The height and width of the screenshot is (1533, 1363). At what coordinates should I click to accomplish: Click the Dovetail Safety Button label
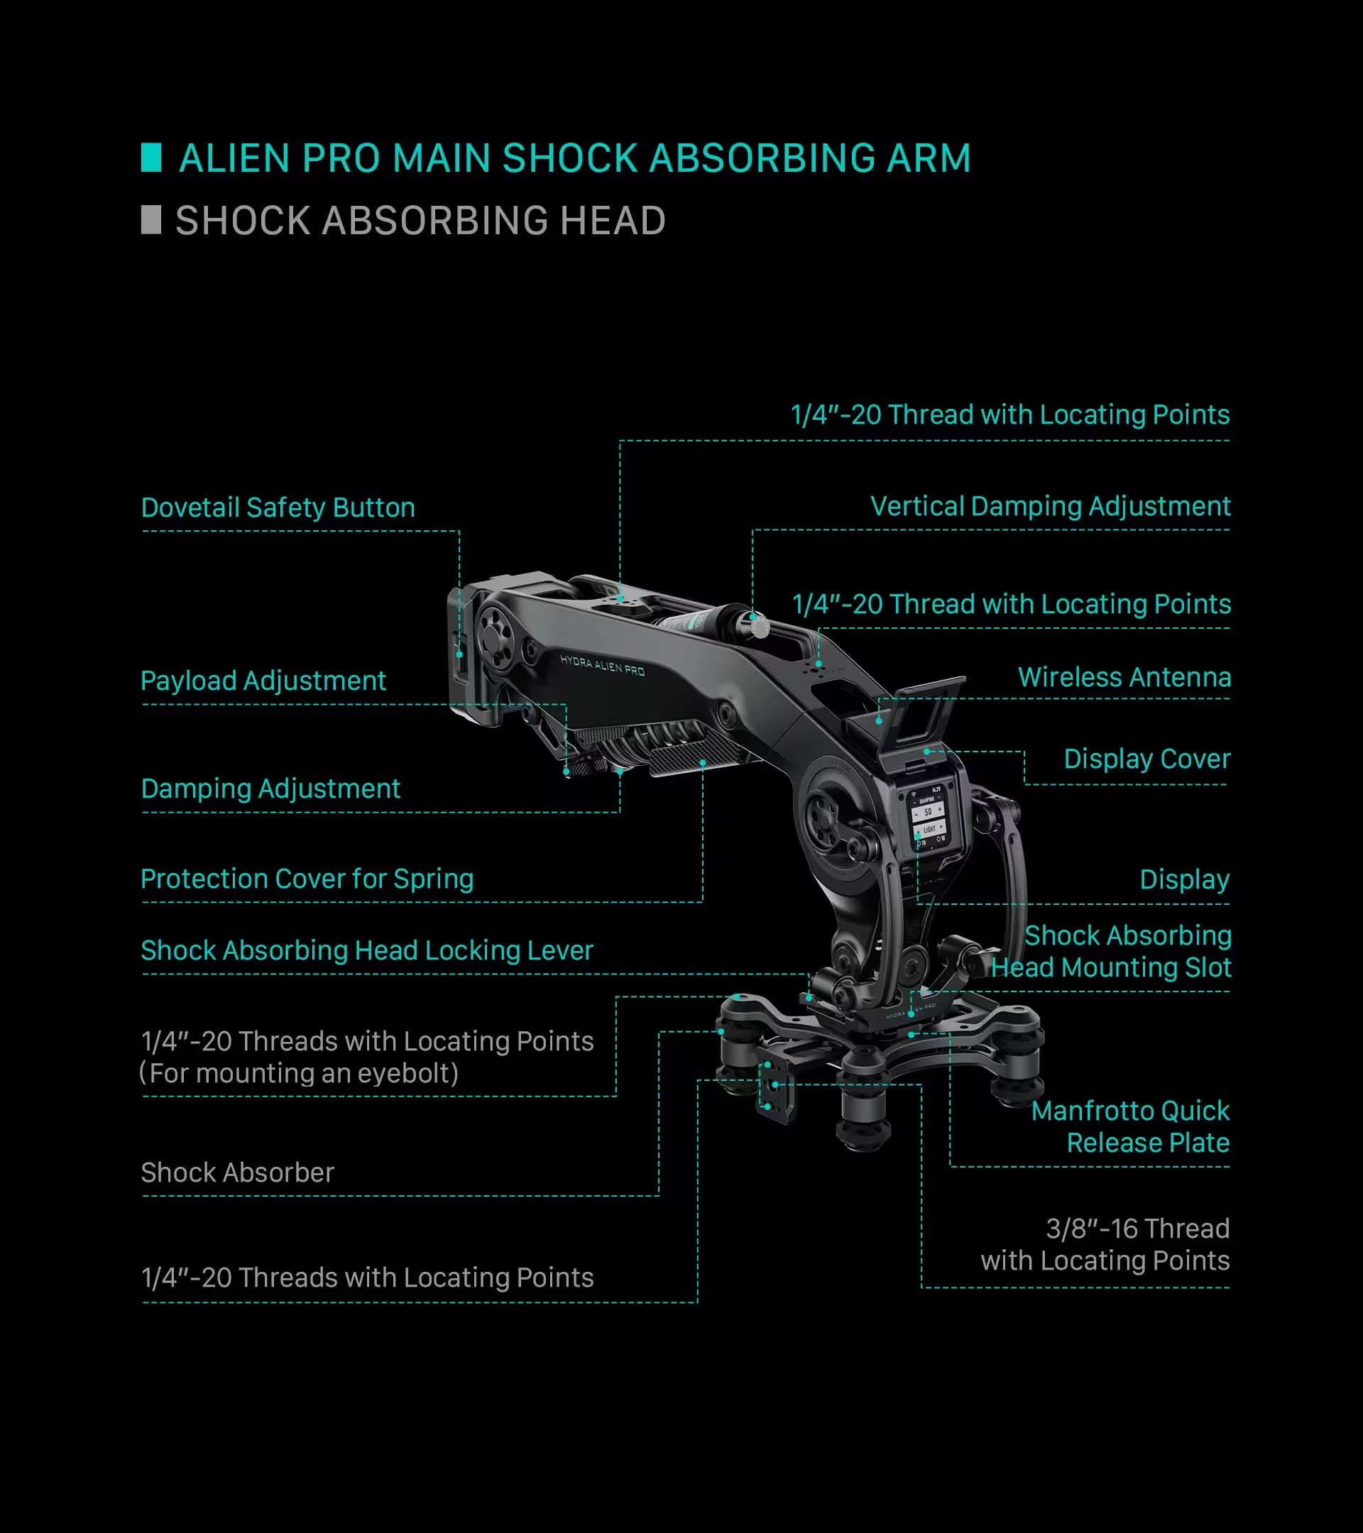(278, 507)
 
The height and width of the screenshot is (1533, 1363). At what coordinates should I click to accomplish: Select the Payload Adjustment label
(263, 681)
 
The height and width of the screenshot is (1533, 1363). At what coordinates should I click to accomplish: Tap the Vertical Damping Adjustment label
(1050, 506)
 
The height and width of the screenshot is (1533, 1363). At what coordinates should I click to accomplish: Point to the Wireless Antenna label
(1124, 677)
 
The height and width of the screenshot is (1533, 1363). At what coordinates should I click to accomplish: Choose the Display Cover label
(1147, 759)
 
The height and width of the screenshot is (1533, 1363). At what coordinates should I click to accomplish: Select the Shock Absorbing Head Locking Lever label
(367, 950)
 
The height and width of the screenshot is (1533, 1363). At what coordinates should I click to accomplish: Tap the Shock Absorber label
(237, 1172)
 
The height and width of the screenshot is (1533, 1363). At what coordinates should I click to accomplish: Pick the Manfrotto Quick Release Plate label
(1130, 1126)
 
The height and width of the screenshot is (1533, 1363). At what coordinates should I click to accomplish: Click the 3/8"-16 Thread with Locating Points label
(1105, 1244)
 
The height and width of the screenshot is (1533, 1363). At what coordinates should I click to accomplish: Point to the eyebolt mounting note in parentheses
(299, 1073)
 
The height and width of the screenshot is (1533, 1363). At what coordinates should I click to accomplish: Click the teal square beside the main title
(150, 158)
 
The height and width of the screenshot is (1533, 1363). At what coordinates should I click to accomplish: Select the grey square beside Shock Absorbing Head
(150, 220)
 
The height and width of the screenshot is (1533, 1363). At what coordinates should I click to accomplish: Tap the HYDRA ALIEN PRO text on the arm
(603, 664)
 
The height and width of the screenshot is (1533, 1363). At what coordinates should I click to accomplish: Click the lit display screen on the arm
(929, 820)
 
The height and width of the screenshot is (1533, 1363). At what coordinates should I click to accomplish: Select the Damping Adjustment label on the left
(270, 789)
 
